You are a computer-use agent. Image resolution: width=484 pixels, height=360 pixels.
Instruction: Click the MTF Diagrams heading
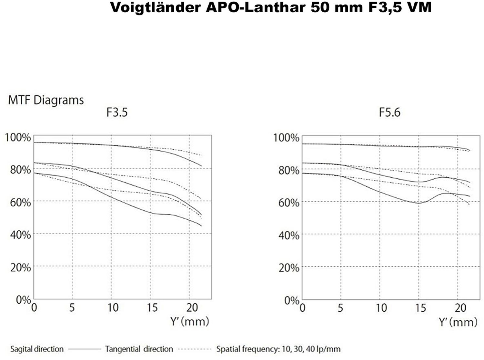click(46, 100)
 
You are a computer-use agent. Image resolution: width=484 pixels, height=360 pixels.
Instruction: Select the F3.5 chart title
click(117, 112)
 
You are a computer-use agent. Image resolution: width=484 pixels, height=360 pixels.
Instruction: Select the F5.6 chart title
click(389, 112)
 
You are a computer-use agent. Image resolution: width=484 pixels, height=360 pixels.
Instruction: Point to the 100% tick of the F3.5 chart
click(18, 137)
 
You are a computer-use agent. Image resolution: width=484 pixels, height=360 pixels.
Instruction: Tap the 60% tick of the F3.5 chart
click(20, 202)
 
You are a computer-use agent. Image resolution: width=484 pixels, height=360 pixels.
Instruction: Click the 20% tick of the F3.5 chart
click(20, 267)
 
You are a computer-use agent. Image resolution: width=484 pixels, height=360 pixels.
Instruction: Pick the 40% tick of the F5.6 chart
click(289, 235)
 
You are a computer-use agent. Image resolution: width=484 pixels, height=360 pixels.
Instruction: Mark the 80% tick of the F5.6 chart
click(289, 170)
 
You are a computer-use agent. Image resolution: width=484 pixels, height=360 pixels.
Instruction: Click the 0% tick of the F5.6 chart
click(291, 300)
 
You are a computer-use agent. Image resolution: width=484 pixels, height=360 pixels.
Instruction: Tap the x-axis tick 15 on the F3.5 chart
click(152, 307)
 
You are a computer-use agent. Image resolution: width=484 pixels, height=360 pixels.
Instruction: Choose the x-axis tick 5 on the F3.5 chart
click(72, 307)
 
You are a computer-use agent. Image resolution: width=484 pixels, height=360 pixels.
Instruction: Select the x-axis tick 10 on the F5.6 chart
click(381, 308)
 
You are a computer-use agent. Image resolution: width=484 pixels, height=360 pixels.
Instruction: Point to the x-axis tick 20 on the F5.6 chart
click(460, 308)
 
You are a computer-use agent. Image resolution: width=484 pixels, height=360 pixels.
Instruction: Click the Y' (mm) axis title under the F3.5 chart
click(190, 321)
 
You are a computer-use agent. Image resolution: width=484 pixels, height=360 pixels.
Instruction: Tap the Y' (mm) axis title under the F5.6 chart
click(458, 322)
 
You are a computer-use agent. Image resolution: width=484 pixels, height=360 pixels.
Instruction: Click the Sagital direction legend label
click(37, 349)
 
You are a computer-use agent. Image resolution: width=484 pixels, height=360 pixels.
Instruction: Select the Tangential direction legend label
click(139, 349)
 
